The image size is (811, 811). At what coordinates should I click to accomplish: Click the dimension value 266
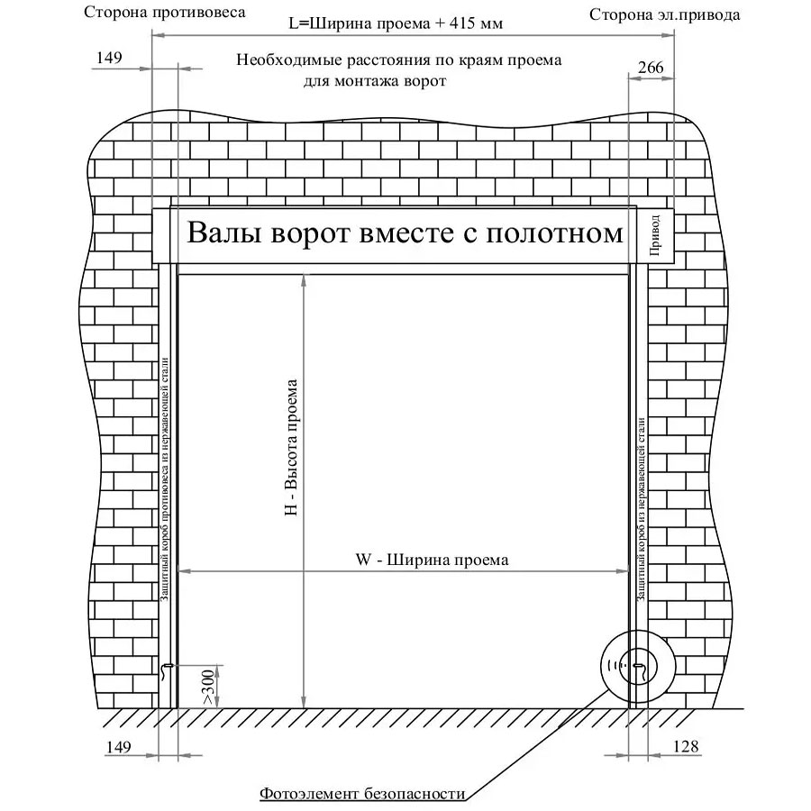tap(650, 68)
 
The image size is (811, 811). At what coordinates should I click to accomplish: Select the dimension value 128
tap(686, 746)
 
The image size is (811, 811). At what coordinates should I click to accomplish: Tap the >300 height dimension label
tap(208, 687)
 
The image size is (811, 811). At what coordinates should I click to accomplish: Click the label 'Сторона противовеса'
tap(165, 12)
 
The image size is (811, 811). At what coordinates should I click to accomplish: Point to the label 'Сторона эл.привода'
tap(665, 14)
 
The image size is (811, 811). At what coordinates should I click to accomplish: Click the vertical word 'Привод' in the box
tap(654, 235)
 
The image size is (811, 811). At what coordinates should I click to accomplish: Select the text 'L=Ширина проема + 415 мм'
tap(396, 23)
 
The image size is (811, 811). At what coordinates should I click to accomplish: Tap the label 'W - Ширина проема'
tap(432, 560)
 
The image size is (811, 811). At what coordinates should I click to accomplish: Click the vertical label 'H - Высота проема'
tap(291, 447)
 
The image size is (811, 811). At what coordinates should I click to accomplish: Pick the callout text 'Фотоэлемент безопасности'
tap(362, 793)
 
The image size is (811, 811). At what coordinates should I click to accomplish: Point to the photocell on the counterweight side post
tap(166, 670)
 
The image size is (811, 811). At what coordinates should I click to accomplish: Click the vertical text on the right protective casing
tap(642, 509)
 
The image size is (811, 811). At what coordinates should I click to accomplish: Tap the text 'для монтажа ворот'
tap(375, 81)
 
